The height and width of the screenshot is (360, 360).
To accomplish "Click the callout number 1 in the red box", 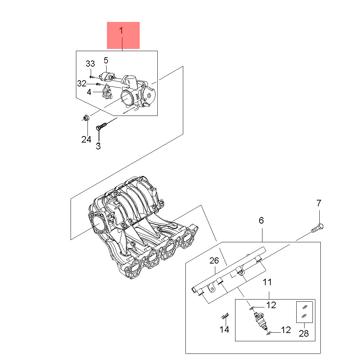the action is [121, 31].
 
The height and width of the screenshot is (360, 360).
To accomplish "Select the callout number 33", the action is [90, 64].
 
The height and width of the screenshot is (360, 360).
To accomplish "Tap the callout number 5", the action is [106, 60].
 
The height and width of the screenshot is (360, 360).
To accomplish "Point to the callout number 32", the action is [82, 84].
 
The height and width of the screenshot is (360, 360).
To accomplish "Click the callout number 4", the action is [89, 92].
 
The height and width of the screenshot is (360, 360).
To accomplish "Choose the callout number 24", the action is [86, 139].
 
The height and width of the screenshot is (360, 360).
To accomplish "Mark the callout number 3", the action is [98, 146].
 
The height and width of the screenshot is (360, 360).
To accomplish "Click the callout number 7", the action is [319, 203].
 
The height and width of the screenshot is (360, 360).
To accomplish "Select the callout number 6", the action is [261, 220].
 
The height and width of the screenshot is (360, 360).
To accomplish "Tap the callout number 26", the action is [214, 261].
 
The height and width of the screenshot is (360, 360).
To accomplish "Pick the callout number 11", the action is [267, 282].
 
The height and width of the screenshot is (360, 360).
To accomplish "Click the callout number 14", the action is [224, 330].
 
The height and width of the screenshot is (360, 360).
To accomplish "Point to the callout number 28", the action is [304, 333].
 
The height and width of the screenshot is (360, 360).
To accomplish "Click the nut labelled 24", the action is [86, 118].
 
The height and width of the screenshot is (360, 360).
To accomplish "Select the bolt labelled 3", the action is [102, 126].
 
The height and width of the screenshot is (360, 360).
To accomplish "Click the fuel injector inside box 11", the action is [261, 321].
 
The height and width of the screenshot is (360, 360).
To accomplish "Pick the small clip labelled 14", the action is [225, 316].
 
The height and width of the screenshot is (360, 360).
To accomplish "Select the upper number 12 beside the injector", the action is [271, 305].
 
